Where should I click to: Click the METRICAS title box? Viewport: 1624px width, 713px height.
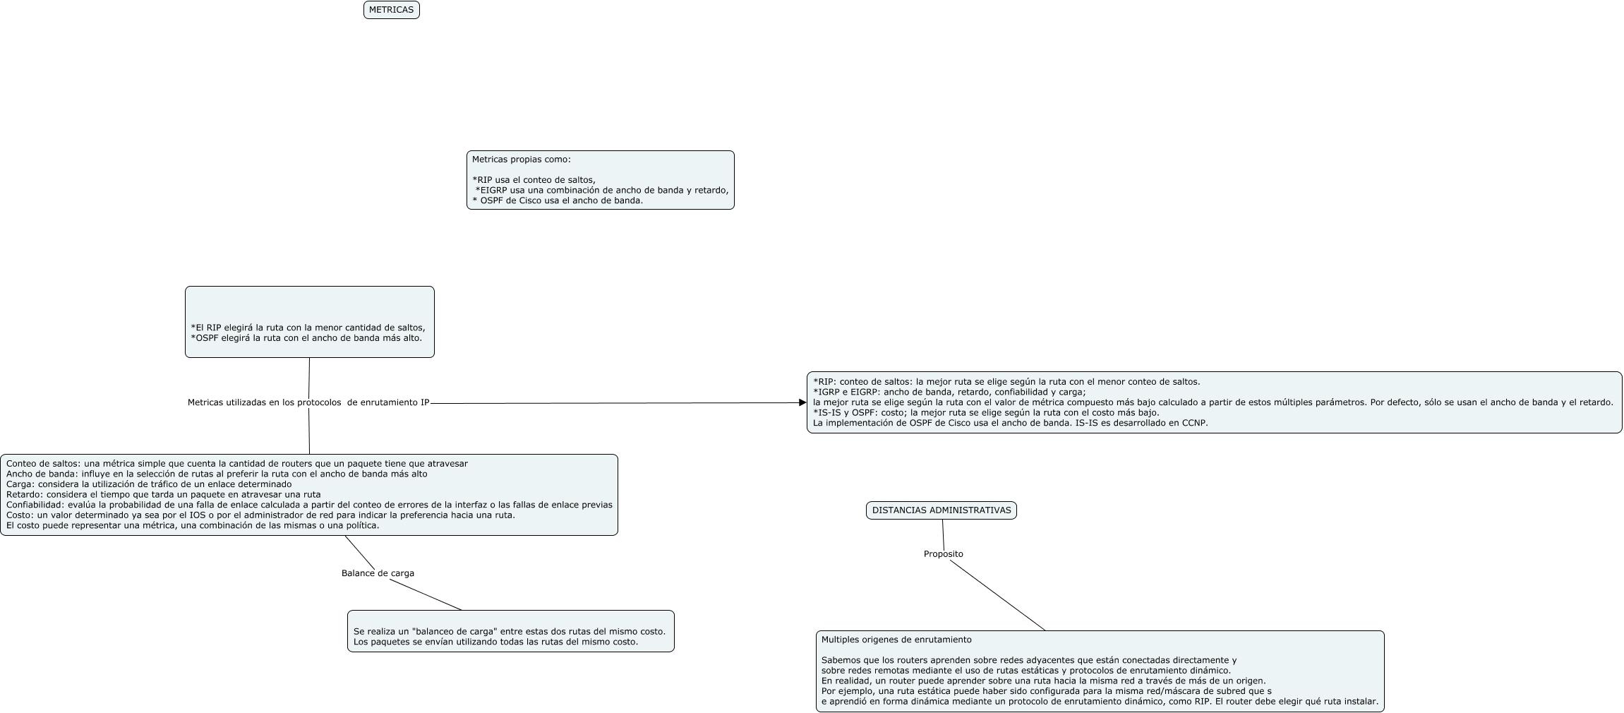click(391, 10)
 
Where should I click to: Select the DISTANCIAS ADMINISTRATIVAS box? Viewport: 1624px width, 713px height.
click(941, 510)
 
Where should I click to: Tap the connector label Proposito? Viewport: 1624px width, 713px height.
click(943, 554)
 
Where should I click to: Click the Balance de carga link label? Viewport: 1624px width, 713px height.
click(378, 573)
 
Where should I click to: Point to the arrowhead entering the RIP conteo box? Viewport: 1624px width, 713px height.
click(802, 403)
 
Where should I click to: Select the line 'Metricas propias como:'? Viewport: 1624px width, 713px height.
click(521, 160)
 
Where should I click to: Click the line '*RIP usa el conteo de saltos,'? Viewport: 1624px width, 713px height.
click(534, 180)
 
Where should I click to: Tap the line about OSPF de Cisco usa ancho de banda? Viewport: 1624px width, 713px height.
click(558, 200)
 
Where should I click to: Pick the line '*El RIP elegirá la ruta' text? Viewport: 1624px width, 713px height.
click(308, 328)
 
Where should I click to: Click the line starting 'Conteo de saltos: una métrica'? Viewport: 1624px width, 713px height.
click(236, 464)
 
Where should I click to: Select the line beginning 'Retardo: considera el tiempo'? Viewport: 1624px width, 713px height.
click(163, 495)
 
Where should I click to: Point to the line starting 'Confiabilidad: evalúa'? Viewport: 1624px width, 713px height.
click(308, 505)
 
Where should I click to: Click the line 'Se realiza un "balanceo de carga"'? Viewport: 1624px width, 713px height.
click(509, 632)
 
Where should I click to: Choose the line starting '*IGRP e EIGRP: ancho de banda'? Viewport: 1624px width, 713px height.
click(949, 393)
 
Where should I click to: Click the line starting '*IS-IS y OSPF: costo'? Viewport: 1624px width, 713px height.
click(986, 413)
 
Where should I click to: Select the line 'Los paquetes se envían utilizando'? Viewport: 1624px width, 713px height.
click(495, 642)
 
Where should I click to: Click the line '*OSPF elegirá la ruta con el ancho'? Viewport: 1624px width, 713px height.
click(306, 338)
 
